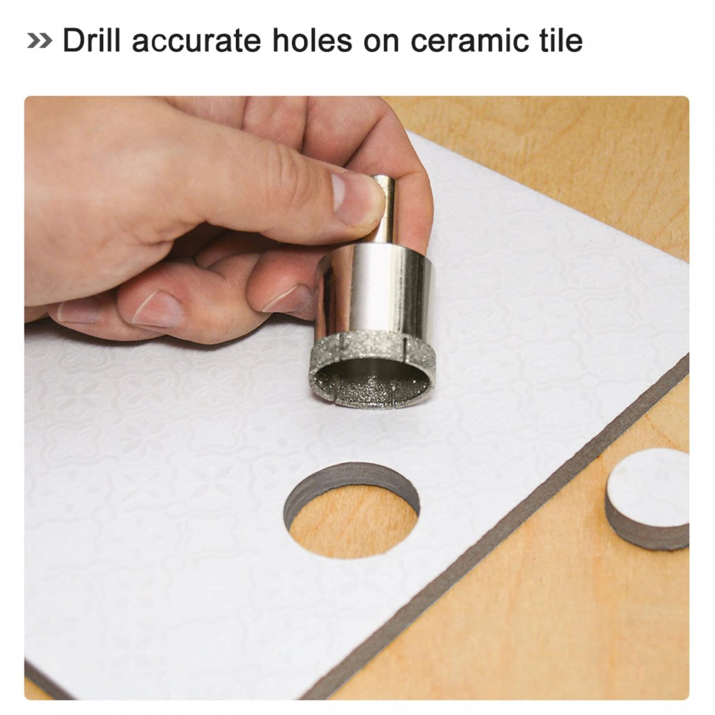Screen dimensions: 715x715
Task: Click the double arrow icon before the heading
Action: coord(39,41)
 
